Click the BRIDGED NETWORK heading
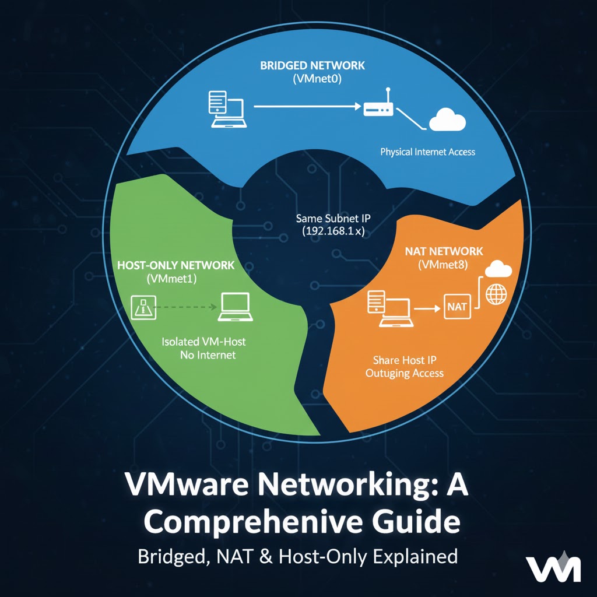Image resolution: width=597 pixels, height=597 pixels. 312,65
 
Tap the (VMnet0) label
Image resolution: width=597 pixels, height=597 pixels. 312,79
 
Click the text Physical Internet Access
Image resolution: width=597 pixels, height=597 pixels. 427,152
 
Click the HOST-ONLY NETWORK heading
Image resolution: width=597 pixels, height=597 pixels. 175,265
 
